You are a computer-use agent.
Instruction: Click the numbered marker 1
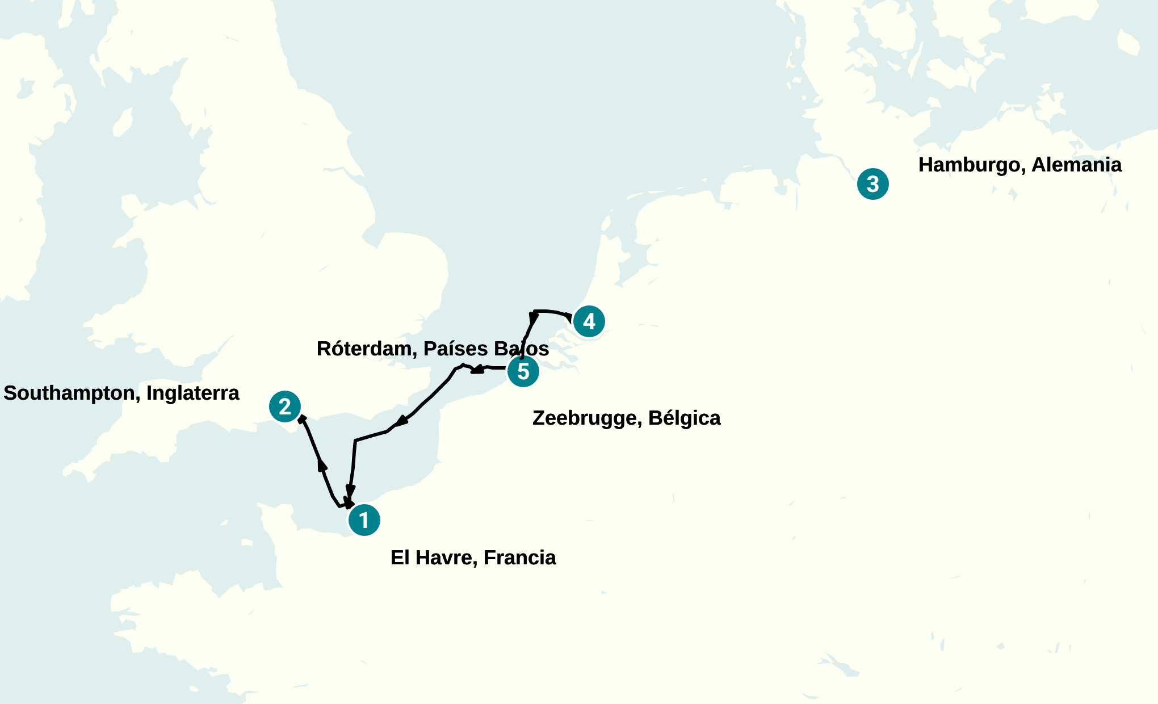(x=364, y=520)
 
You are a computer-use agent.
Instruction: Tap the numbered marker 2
(x=285, y=407)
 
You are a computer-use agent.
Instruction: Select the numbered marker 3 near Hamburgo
(x=872, y=184)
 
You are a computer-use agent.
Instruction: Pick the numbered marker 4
(x=589, y=321)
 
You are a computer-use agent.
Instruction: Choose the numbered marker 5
(x=523, y=371)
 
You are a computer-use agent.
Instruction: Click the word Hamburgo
(x=971, y=165)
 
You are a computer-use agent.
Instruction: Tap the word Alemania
(x=1076, y=165)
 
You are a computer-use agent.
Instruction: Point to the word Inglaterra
(x=193, y=393)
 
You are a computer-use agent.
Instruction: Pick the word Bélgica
(x=684, y=418)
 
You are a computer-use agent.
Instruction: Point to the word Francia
(x=519, y=558)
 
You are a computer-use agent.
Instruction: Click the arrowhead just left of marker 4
(x=569, y=317)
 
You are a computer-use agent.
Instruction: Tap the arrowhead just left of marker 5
(x=477, y=370)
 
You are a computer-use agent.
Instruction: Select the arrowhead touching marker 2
(x=303, y=419)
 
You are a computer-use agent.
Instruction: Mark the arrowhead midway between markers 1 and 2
(x=322, y=465)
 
